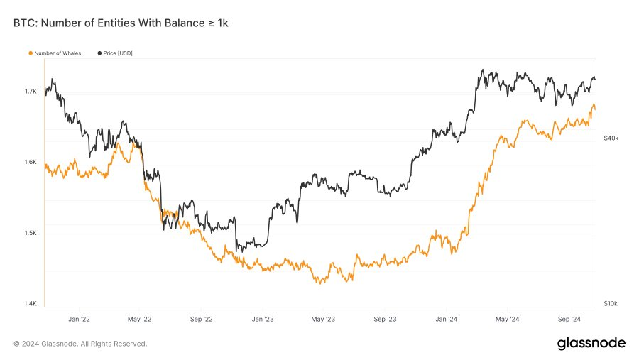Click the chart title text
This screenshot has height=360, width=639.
pyautogui.click(x=121, y=23)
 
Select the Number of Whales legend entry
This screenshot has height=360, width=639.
pyautogui.click(x=56, y=53)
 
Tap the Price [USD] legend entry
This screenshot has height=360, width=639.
pyautogui.click(x=115, y=53)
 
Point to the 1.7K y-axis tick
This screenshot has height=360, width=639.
pyautogui.click(x=30, y=92)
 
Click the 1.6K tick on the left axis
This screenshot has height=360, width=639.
pyautogui.click(x=30, y=162)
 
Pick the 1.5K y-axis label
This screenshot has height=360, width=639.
pyautogui.click(x=30, y=233)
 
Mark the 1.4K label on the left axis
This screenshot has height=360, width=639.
pyautogui.click(x=30, y=304)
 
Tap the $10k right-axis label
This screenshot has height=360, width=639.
pyautogui.click(x=611, y=304)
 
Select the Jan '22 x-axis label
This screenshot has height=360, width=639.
pyautogui.click(x=79, y=320)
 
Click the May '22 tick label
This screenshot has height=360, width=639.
pyautogui.click(x=140, y=320)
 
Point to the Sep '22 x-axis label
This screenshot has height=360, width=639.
pyautogui.click(x=202, y=320)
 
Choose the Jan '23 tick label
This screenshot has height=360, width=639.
pyautogui.click(x=263, y=320)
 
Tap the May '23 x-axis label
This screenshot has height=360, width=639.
pyautogui.click(x=323, y=320)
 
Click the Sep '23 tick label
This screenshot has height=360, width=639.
pyautogui.click(x=385, y=320)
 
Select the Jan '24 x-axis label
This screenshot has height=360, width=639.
pyautogui.click(x=447, y=320)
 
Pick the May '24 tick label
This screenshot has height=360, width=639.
pyautogui.click(x=507, y=320)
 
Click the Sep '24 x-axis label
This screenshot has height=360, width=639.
pyautogui.click(x=569, y=320)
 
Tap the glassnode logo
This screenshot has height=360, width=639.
pyautogui.click(x=591, y=343)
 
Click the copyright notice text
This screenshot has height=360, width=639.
pyautogui.click(x=80, y=344)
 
